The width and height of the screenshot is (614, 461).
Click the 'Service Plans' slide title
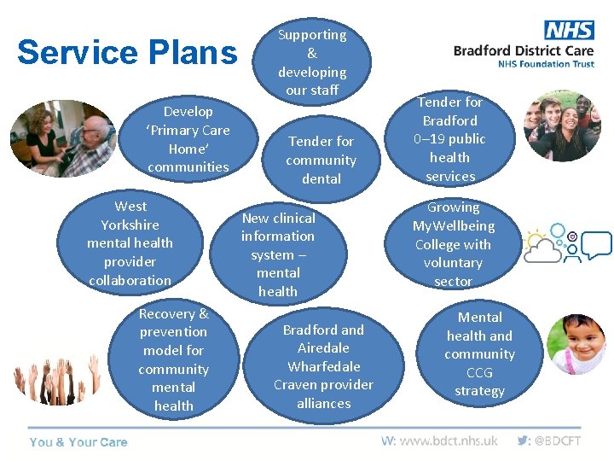pyautogui.click(x=127, y=52)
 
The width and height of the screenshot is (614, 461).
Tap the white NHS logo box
pyautogui.click(x=569, y=30)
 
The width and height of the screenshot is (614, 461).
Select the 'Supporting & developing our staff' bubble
pyautogui.click(x=312, y=61)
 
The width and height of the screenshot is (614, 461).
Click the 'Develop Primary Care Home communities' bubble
pyautogui.click(x=188, y=138)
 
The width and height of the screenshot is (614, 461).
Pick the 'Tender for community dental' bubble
pyautogui.click(x=321, y=160)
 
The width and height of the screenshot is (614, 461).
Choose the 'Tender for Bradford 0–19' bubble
pyautogui.click(x=449, y=139)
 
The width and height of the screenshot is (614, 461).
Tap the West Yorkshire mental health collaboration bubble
pyautogui.click(x=130, y=243)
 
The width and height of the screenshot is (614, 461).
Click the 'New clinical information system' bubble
pyautogui.click(x=278, y=254)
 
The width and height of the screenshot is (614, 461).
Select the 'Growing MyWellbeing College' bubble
pyautogui.click(x=453, y=243)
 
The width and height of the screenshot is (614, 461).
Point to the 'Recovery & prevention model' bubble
pyautogui.click(x=174, y=359)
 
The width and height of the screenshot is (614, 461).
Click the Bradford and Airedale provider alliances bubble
pyautogui.click(x=323, y=366)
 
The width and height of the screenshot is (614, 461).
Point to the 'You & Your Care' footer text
pyautogui.click(x=78, y=442)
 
